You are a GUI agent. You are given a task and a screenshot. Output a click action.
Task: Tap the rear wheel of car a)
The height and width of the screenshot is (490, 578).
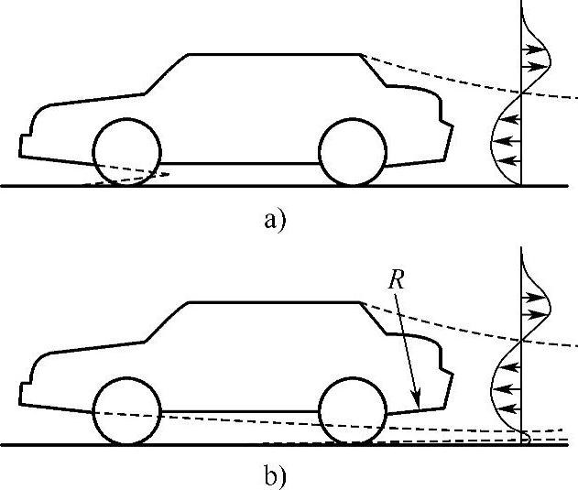pos(353,151)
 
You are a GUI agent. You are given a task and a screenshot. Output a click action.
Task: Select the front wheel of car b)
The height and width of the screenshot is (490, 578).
pos(127,410)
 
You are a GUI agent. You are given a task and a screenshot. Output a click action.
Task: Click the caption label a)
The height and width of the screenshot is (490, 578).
pos(274,220)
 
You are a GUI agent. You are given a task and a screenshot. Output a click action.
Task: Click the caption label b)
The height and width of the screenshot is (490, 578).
pos(274,476)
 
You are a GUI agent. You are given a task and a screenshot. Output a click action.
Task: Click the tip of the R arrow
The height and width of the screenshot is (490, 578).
pos(419,405)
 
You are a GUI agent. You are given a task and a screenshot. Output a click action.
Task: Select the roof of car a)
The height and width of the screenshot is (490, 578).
pos(275,55)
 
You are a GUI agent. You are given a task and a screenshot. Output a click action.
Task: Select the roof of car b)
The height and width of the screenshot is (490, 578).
pos(275,302)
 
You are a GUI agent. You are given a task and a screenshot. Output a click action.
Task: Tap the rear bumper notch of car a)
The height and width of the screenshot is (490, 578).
pos(448,124)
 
